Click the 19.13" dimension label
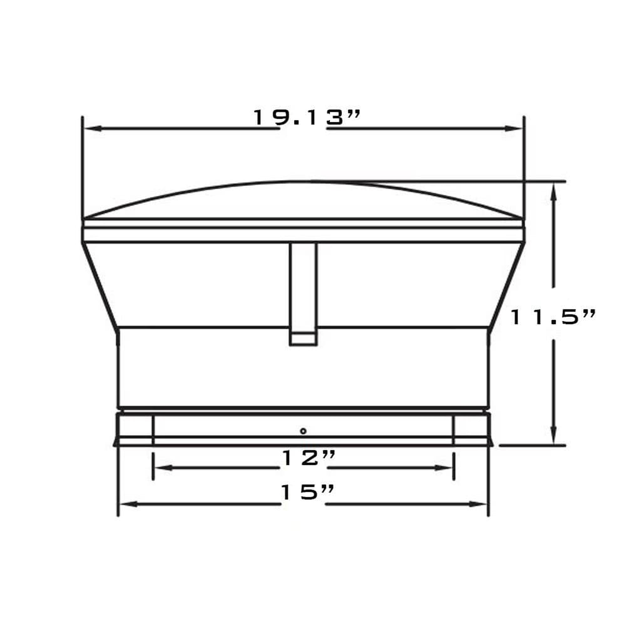click(306, 118)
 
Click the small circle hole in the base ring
click(303, 431)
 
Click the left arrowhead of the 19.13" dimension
click(91, 128)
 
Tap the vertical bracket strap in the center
click(303, 285)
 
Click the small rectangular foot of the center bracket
click(303, 339)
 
